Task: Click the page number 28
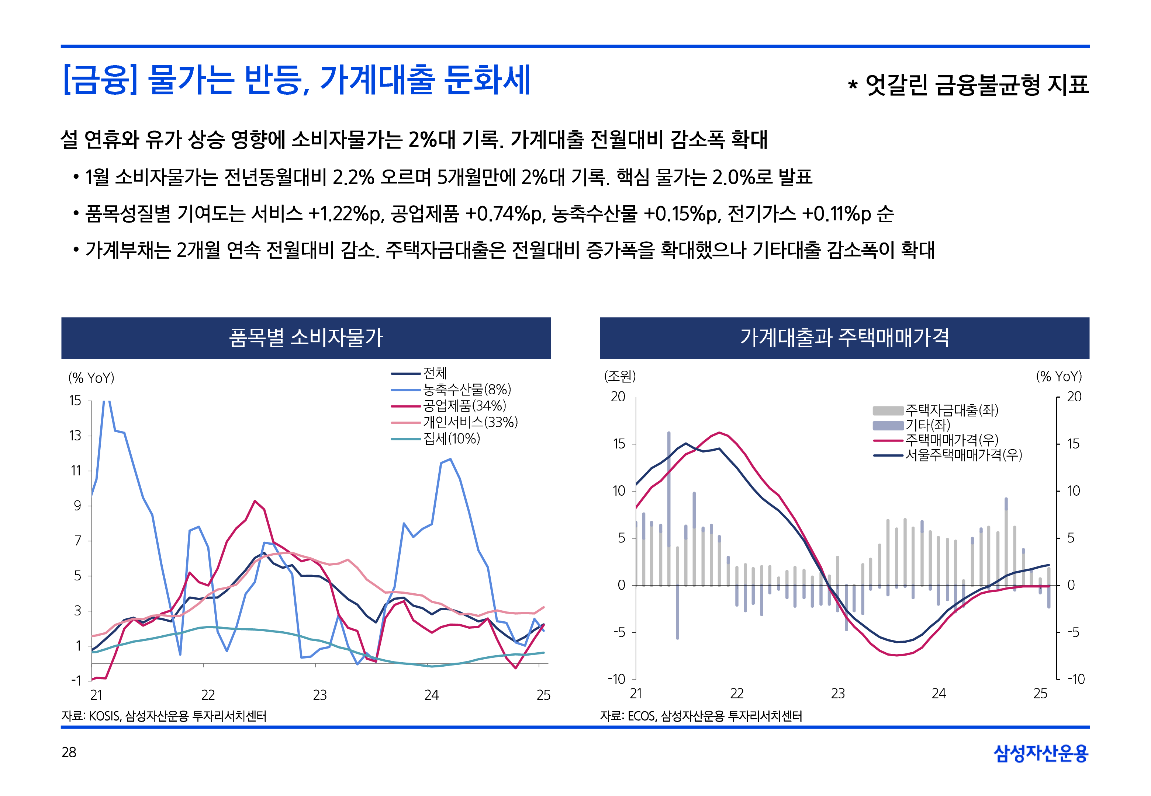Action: pos(69,752)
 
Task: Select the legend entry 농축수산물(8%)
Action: pos(467,389)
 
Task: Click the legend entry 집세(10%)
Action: pos(451,439)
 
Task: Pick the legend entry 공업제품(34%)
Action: pos(464,405)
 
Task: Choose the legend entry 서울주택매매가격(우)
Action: pos(963,454)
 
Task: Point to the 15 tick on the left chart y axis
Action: pos(75,401)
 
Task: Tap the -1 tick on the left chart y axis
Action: pos(76,680)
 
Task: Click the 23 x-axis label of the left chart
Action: pos(319,695)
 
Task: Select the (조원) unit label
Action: pos(620,376)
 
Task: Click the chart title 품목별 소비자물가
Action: pos(305,338)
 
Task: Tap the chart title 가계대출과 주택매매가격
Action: pos(844,338)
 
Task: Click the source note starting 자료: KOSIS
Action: pos(164,716)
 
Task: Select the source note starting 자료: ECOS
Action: pos(701,716)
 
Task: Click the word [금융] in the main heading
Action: pos(100,80)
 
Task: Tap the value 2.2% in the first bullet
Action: pos(353,177)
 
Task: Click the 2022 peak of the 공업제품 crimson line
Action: pos(255,501)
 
